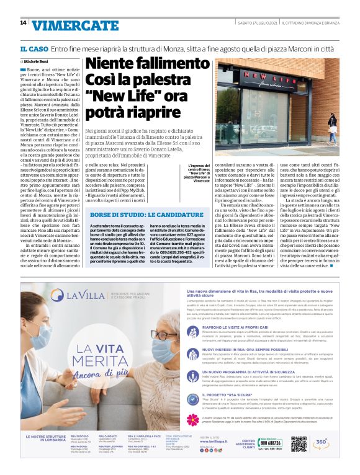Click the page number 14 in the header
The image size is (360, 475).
(23, 24)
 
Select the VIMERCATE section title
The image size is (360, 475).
(66, 25)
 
